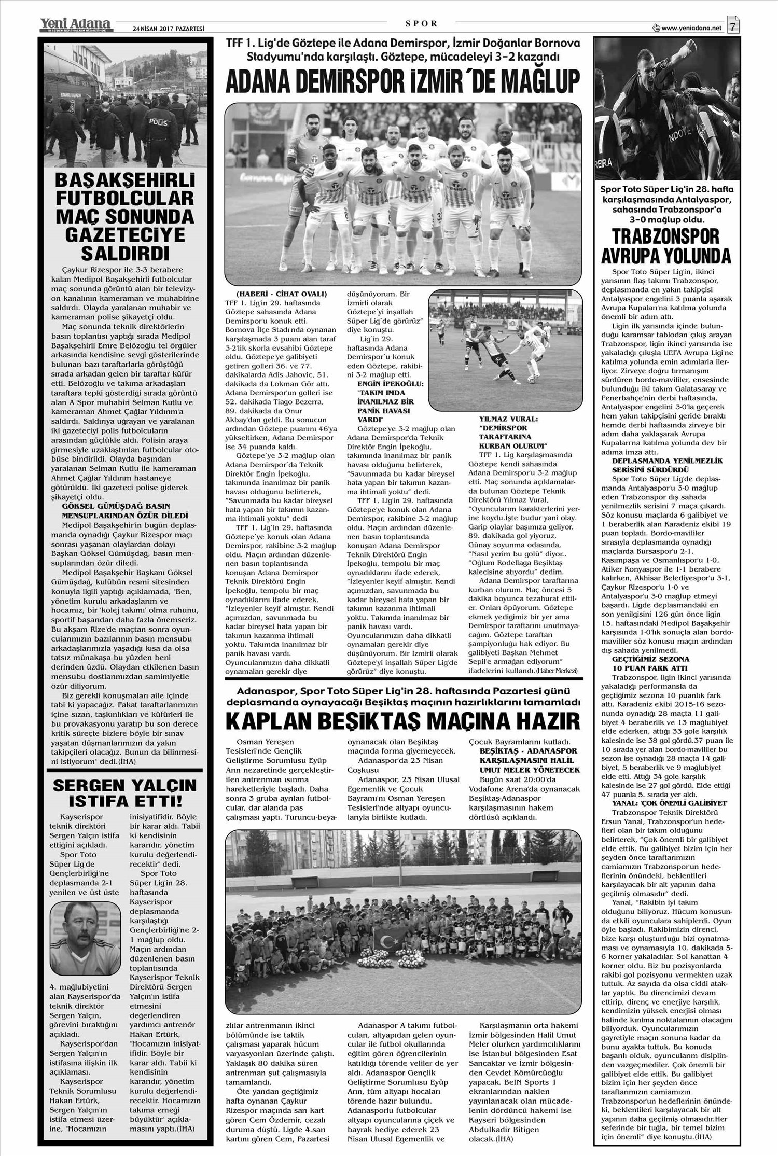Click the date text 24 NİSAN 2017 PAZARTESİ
coord(169,29)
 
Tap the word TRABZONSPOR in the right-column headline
coord(666,236)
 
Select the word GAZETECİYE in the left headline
coord(125,235)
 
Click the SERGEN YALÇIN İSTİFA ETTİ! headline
coord(125,793)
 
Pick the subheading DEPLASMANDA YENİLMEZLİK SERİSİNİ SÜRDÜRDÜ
coord(667,464)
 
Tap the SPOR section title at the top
coord(420,23)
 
